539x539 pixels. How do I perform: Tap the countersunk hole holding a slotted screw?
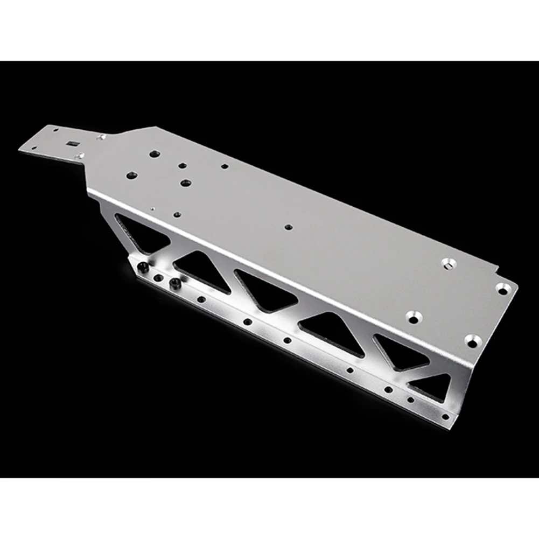point(449,263)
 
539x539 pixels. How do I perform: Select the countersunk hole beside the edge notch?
point(502,289)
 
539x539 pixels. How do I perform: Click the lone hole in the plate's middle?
point(288,227)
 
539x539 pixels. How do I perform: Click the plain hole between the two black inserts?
point(159,278)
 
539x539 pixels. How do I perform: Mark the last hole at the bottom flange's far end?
point(445,416)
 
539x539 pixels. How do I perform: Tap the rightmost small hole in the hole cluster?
point(224,167)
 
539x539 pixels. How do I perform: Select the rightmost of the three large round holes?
point(186,183)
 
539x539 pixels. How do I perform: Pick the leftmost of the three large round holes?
point(131,175)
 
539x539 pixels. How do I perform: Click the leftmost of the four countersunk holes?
point(412,317)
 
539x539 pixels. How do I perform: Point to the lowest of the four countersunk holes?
point(472,341)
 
